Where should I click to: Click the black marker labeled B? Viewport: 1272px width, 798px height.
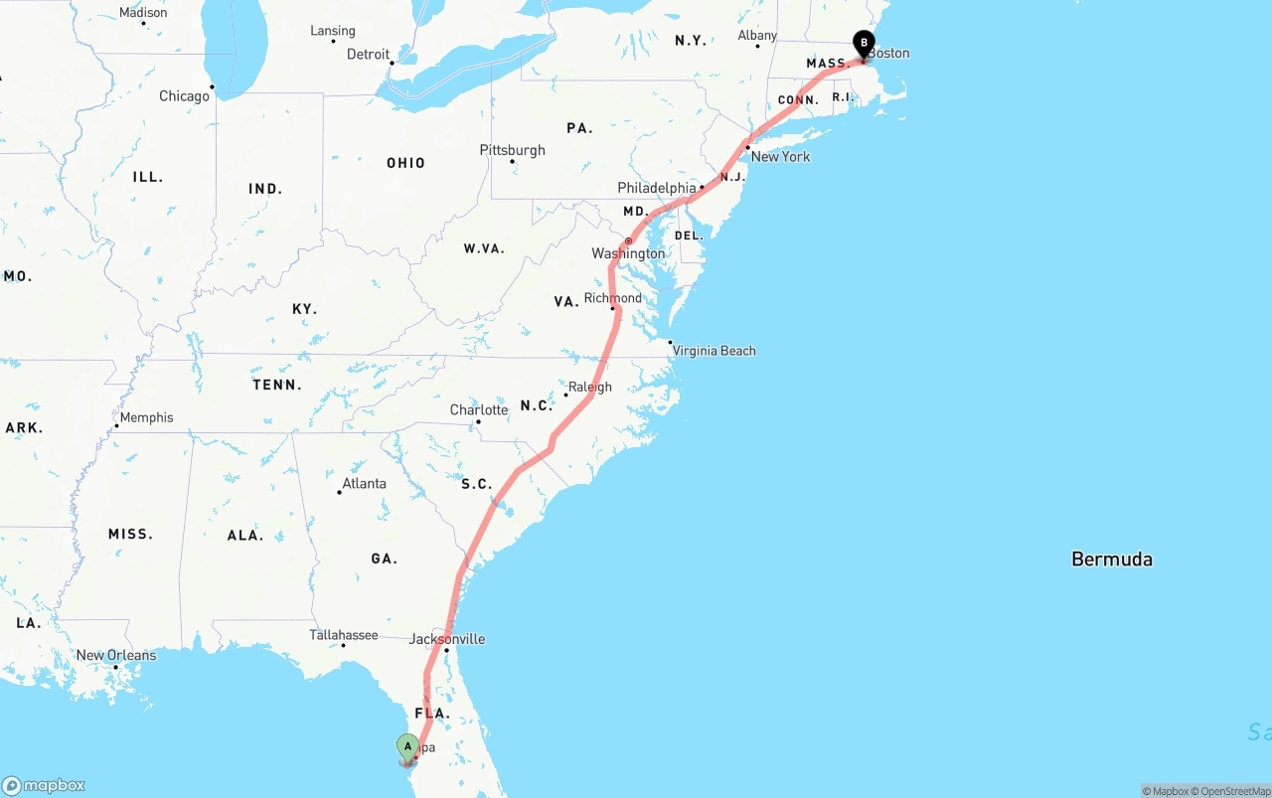click(x=865, y=44)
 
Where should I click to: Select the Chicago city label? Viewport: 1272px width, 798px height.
click(x=185, y=96)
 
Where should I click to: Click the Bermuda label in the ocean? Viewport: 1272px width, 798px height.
click(x=1112, y=559)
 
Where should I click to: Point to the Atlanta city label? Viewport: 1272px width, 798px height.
click(x=364, y=484)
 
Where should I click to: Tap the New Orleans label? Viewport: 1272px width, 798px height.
click(x=116, y=656)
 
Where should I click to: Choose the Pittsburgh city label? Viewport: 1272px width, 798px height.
click(x=513, y=150)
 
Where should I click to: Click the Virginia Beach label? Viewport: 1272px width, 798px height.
click(x=714, y=351)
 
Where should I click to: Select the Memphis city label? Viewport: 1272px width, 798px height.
click(x=146, y=417)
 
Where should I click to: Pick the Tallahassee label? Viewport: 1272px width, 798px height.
click(x=344, y=635)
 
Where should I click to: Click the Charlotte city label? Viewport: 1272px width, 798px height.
click(x=479, y=410)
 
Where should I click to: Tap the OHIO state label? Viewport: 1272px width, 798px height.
click(x=405, y=163)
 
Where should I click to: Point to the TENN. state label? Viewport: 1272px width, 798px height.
click(x=277, y=385)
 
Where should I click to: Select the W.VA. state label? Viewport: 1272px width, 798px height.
click(x=484, y=248)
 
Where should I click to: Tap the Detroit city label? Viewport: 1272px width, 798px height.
click(x=368, y=55)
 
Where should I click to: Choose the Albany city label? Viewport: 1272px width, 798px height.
click(x=757, y=36)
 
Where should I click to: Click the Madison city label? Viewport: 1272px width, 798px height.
click(x=143, y=13)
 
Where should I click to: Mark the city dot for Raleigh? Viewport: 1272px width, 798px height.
click(x=566, y=395)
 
